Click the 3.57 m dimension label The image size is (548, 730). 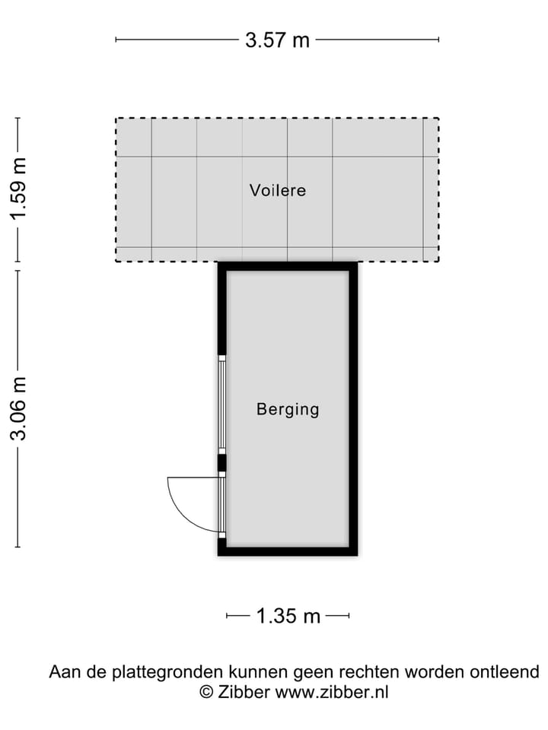click(277, 40)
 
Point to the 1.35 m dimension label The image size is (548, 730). click(288, 616)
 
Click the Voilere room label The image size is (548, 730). click(278, 190)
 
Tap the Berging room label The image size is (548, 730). click(288, 410)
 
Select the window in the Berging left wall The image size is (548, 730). click(222, 404)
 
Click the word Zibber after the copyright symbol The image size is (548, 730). click(244, 692)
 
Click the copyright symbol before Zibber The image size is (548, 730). click(205, 692)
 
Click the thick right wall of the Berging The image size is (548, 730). click(353, 408)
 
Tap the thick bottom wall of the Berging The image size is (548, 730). click(288, 551)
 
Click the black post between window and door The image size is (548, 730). click(222, 463)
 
